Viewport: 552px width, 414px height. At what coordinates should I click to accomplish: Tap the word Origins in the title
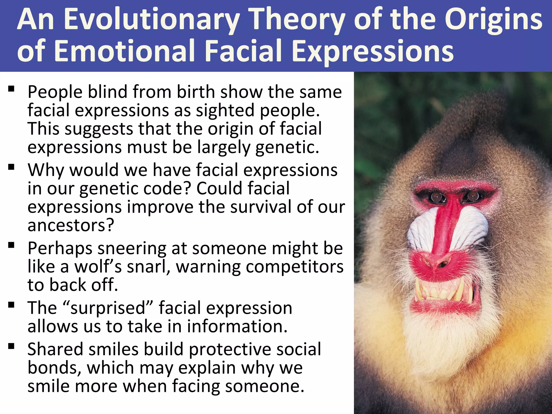click(493, 19)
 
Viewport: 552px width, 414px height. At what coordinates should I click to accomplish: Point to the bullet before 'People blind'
click(11, 89)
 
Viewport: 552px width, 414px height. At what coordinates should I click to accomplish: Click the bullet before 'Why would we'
click(11, 167)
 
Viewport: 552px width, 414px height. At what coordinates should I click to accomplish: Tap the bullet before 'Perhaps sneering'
click(11, 245)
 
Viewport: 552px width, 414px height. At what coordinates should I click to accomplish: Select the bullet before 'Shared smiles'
click(11, 346)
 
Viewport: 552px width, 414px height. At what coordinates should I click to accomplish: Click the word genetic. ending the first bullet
click(287, 148)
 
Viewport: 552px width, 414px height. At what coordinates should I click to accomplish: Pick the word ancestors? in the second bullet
click(71, 225)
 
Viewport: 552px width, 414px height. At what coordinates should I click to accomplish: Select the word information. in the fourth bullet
click(237, 326)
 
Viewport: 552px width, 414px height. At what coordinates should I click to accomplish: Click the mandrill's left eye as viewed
click(436, 197)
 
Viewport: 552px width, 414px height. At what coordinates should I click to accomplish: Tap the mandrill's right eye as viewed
click(472, 196)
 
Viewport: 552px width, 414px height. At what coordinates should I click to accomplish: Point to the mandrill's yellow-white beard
click(442, 350)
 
